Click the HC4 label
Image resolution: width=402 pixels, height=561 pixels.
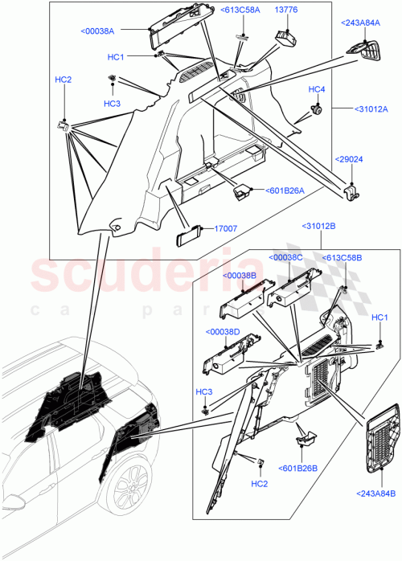tap(316, 88)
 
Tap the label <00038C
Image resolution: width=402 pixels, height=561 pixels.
tap(288, 257)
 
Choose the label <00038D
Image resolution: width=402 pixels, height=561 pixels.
tap(223, 332)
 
